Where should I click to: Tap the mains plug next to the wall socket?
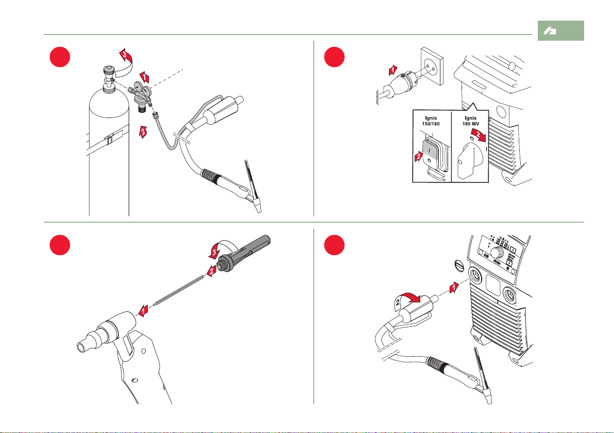click(401, 82)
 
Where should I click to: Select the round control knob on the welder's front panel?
click(497, 252)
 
